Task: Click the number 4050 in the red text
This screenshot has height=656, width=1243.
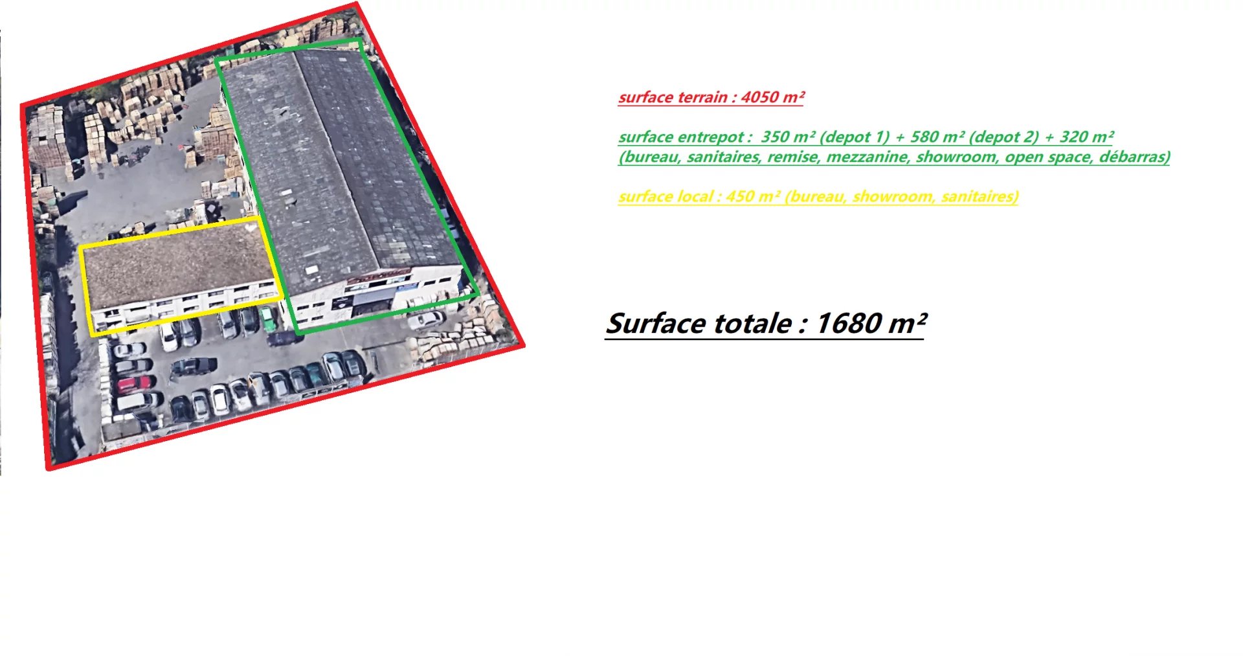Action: click(759, 97)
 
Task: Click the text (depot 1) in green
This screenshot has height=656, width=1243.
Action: click(855, 137)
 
